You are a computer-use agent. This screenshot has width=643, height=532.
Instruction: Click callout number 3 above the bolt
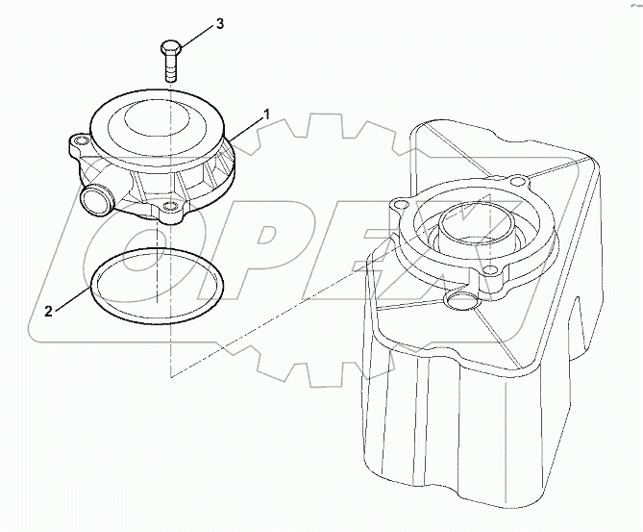[219, 23]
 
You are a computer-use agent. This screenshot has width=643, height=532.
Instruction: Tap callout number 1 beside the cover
[266, 114]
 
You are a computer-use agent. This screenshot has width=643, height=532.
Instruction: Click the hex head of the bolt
[170, 48]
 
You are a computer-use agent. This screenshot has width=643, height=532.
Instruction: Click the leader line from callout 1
[247, 127]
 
